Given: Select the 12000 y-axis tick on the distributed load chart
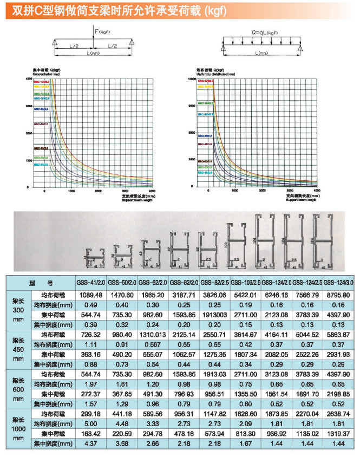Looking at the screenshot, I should (x=191, y=79).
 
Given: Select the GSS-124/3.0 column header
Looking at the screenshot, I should (x=339, y=283).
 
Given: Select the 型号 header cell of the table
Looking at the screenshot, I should (x=41, y=283).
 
